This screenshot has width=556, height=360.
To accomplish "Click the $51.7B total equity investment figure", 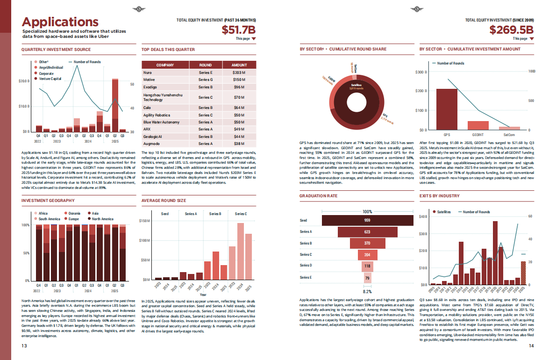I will click(x=239, y=30).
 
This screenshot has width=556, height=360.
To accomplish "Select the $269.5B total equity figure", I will click(x=511, y=30).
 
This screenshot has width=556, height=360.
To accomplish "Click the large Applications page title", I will click(x=60, y=22).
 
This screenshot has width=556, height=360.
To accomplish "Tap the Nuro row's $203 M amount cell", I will click(x=239, y=73).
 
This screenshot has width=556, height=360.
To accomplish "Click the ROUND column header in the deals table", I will click(x=205, y=65).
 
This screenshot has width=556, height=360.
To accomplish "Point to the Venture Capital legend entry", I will click(x=50, y=79).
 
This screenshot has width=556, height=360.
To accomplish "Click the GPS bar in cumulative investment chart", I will click(x=447, y=109).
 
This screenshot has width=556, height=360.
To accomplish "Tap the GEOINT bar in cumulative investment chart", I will click(x=478, y=125).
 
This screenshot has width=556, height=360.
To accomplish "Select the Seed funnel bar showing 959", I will click(x=367, y=220).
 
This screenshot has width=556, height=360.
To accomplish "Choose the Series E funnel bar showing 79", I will click(x=367, y=278).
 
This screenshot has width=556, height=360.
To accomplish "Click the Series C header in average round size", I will click(x=241, y=214).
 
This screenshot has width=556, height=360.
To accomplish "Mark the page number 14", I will click(x=531, y=346).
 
